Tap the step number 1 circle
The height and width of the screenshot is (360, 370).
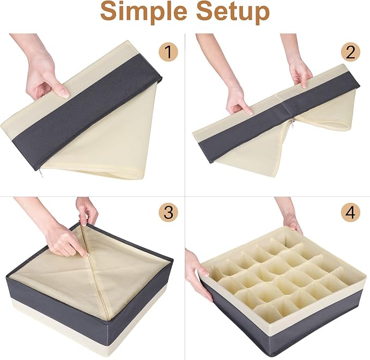pos(168,52)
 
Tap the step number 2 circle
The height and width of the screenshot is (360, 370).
pos(350,52)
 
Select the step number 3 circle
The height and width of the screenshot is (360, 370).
pos(168,212)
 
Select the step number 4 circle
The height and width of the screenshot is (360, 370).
pos(350,212)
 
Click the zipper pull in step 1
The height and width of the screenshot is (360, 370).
pos(40,173)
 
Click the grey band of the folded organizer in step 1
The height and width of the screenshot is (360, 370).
pos(87,111)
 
